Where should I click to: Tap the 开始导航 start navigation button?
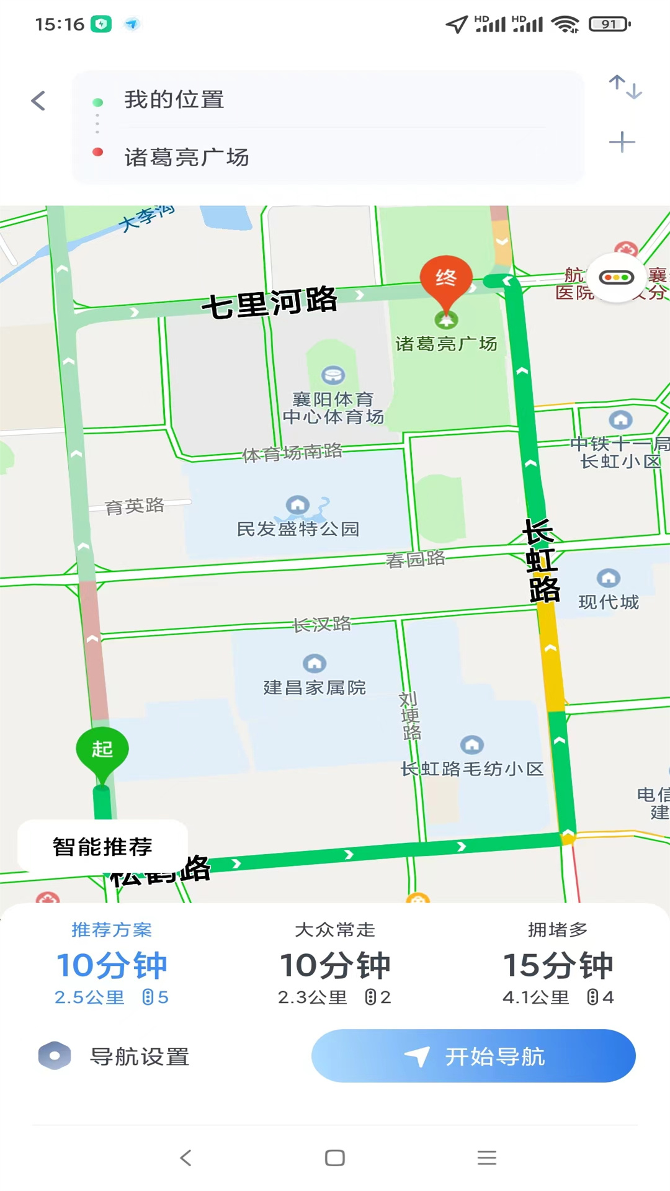coord(473,1056)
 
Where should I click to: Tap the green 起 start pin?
coord(102,749)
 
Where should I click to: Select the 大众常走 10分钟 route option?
coord(335,965)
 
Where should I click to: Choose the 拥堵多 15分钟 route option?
coord(558,965)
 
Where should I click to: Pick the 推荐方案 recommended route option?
coord(112,965)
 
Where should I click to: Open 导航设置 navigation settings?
coord(115,1056)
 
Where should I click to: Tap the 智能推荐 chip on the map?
coord(102,847)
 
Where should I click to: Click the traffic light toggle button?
coord(616,277)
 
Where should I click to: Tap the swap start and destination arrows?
coord(625,87)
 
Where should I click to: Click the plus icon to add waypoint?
coord(622,142)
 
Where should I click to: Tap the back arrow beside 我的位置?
coord(38,100)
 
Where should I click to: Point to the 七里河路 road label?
coord(269,303)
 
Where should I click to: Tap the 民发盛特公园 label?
coord(298,529)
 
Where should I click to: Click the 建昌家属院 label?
coord(315,687)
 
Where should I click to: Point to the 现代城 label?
coord(609,602)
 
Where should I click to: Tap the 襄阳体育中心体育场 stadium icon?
coord(333,375)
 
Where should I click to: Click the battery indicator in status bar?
coord(609,24)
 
